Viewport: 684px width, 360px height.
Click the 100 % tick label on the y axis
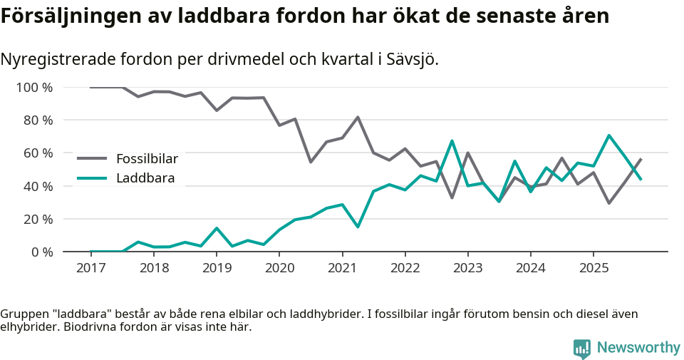point(34,88)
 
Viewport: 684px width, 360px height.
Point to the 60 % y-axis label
point(37,153)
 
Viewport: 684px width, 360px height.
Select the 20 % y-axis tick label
point(37,219)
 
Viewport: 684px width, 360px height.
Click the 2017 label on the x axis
point(91,268)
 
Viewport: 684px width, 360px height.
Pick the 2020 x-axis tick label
point(279,268)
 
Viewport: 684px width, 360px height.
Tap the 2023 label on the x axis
point(467,268)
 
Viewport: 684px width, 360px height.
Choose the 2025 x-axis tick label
point(594,268)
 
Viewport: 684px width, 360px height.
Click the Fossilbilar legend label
point(147,158)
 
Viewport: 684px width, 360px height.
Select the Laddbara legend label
point(145,178)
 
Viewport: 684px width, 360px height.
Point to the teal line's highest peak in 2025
point(609,135)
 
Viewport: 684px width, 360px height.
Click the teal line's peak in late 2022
point(452,141)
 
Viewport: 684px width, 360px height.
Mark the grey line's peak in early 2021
point(358,117)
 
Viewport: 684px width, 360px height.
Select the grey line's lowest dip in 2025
point(609,203)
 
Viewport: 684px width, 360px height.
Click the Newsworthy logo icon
point(582,348)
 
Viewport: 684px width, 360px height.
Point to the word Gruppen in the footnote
point(23,314)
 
